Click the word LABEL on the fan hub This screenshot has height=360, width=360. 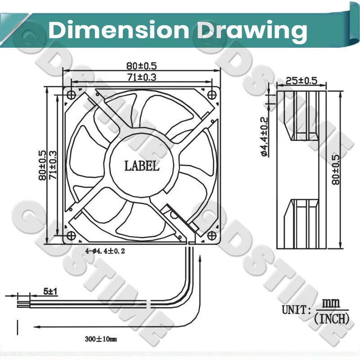click(142, 166)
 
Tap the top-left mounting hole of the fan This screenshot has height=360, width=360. click(71, 94)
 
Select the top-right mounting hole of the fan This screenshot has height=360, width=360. click(211, 94)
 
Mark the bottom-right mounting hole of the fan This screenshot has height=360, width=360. click(211, 235)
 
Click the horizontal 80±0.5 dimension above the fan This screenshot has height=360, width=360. click(141, 66)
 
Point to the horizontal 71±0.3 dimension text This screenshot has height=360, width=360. click(142, 77)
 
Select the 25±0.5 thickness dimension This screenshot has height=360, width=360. click(301, 81)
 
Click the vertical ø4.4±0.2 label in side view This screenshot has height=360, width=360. click(265, 137)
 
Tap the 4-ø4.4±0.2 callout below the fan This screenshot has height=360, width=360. click(105, 251)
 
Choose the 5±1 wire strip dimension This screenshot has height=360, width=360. click(50, 292)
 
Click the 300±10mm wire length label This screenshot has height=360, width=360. click(101, 339)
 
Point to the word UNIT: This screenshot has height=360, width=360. click(297, 310)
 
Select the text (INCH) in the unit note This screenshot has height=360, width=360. click(332, 319)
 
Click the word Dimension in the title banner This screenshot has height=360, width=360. click(118, 30)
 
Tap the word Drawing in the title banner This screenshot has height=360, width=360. click(252, 31)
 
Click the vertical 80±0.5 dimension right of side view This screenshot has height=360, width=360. click(335, 170)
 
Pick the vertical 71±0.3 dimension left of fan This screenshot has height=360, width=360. click(53, 165)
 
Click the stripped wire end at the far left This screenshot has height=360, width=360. click(23, 305)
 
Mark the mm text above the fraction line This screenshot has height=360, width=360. click(331, 303)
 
